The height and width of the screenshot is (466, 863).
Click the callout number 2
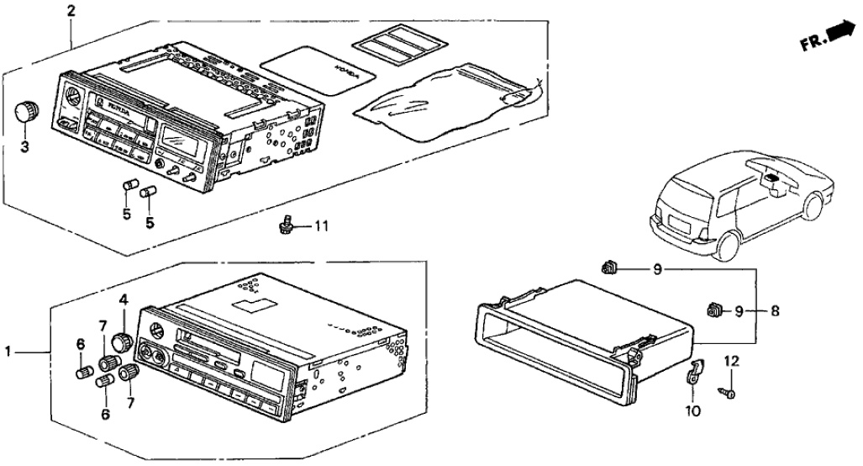[71, 11]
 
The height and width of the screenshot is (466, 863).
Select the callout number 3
[25, 149]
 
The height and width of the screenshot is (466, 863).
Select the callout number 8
[774, 311]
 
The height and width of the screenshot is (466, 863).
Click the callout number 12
[731, 360]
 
